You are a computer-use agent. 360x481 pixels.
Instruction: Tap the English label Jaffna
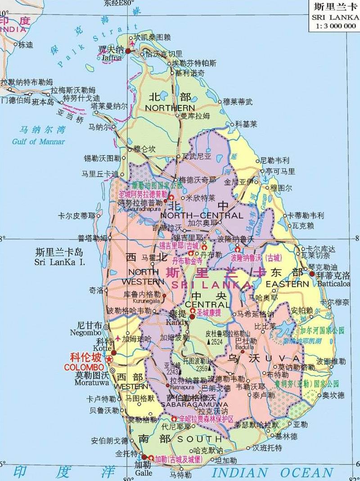coord(112,58)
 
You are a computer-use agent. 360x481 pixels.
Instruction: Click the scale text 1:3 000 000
coord(333,26)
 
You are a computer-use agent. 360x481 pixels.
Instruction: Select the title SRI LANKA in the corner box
coord(333,17)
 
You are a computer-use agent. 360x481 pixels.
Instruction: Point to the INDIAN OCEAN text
coord(272,472)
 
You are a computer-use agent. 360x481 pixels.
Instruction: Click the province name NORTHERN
coord(170,108)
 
